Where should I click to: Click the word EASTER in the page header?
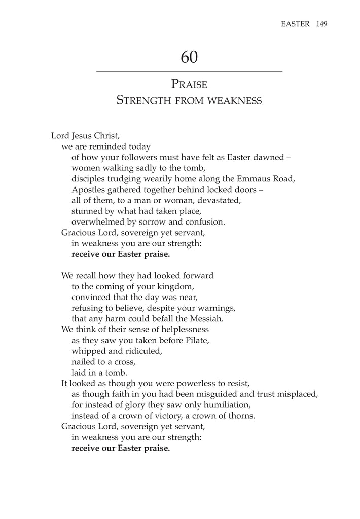tap(295, 24)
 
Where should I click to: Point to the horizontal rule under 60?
tap(189, 72)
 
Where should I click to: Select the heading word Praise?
tap(189, 84)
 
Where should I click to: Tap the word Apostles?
tap(89, 190)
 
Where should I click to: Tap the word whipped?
tap(88, 351)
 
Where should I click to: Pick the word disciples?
tap(89, 178)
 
